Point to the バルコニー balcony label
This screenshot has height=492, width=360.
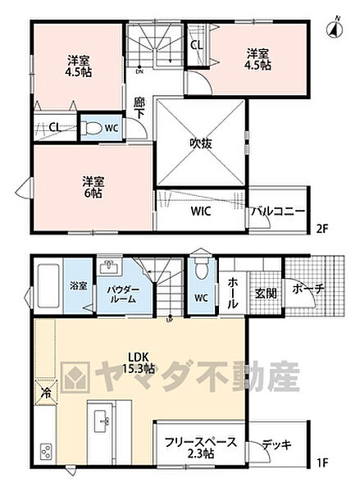point(279,212)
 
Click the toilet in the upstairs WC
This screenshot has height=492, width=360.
point(94,127)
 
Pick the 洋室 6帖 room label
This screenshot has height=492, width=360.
point(92,186)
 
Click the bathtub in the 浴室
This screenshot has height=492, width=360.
point(49,285)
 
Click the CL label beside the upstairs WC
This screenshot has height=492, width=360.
point(54,127)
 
